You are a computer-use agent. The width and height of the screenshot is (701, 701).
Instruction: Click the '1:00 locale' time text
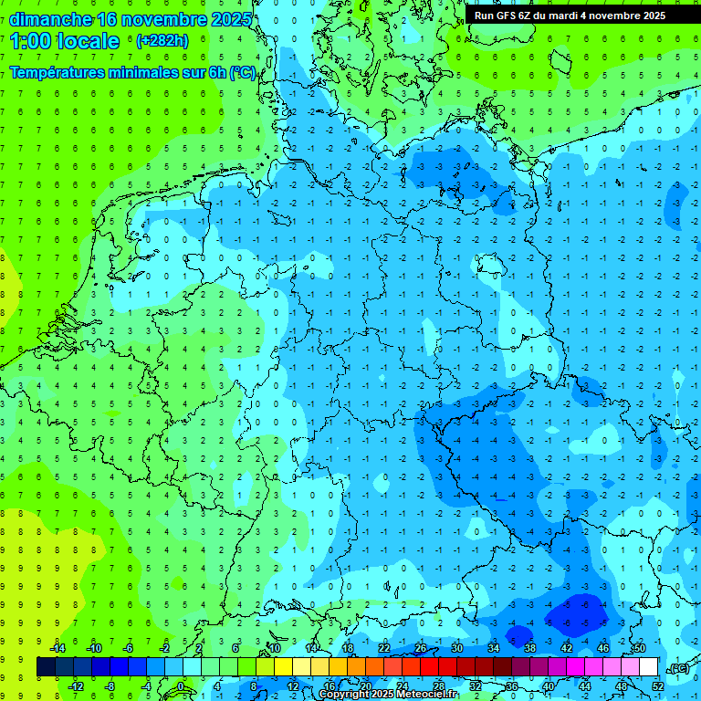pyautogui.click(x=64, y=41)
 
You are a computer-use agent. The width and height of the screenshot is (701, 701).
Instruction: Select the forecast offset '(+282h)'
pyautogui.click(x=162, y=41)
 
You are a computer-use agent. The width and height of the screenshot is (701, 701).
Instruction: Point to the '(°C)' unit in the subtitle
pyautogui.click(x=242, y=73)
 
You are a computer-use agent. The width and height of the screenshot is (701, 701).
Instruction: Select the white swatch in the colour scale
pyautogui.click(x=649, y=667)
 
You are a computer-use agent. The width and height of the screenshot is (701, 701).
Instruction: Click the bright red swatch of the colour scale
pyautogui.click(x=430, y=667)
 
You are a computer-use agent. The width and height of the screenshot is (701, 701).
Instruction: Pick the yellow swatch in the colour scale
pyautogui.click(x=284, y=667)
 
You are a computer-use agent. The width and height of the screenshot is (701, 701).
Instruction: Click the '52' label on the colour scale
pyautogui.click(x=658, y=686)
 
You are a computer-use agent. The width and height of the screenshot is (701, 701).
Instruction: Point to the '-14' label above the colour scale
pyautogui.click(x=57, y=648)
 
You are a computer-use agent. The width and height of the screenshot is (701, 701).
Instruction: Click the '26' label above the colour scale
pyautogui.click(x=421, y=648)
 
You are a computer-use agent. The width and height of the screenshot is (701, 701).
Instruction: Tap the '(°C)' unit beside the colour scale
pyautogui.click(x=678, y=668)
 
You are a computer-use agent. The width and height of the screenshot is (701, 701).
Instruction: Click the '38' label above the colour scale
pyautogui.click(x=530, y=648)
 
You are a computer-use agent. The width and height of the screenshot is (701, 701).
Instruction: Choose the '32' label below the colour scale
pyautogui.click(x=476, y=686)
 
